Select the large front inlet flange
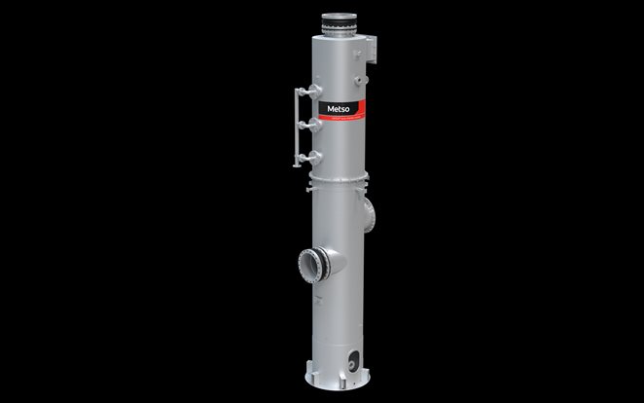coord(313,263)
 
